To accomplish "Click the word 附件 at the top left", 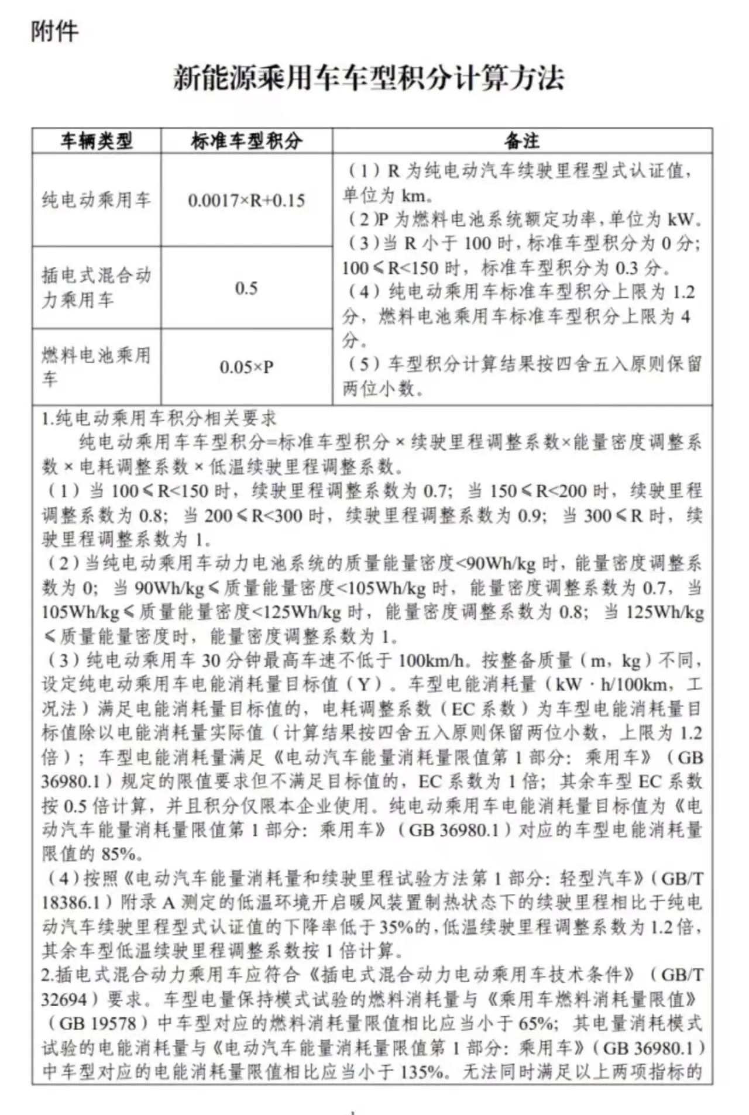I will tap(54, 32).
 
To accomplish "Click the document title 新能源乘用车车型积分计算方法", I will tap(369, 78).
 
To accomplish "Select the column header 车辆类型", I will tap(97, 141).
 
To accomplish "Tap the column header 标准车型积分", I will tap(246, 141).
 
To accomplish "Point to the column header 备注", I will tap(522, 141).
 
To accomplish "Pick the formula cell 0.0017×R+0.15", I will tap(246, 201).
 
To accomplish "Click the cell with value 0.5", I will tap(246, 288).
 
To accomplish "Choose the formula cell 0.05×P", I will tap(246, 367).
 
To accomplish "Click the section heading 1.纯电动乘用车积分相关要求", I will tap(159, 419).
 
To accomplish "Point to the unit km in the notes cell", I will tap(413, 195).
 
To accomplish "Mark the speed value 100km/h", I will tap(434, 661).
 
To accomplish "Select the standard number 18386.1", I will tap(71, 903).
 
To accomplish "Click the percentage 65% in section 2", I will tap(536, 1023).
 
